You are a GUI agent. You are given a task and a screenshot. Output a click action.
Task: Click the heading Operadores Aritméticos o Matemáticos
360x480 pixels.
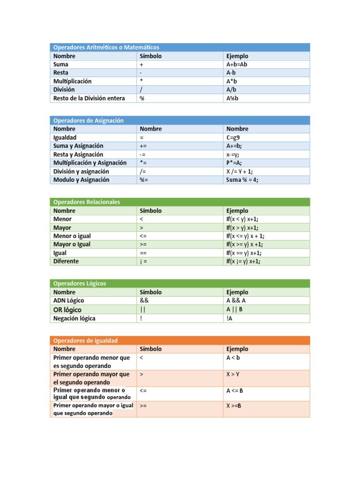(x=106, y=47)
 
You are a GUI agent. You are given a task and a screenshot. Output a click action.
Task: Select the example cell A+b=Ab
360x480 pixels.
(x=236, y=64)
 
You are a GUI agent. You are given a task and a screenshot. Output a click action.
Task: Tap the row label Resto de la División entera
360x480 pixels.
(x=89, y=98)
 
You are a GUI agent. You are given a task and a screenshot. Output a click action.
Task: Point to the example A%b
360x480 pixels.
(x=232, y=98)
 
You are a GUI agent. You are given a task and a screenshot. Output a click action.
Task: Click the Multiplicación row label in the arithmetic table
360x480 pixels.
(x=72, y=81)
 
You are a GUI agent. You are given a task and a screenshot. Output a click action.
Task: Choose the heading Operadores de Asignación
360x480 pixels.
(x=88, y=120)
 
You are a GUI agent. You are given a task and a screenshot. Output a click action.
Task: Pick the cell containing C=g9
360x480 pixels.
(x=233, y=137)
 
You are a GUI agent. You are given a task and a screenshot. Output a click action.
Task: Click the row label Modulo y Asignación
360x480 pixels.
(x=81, y=180)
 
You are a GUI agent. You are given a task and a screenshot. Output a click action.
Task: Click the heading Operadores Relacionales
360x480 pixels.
(x=86, y=202)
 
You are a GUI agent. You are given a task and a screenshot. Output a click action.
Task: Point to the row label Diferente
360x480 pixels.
(x=66, y=261)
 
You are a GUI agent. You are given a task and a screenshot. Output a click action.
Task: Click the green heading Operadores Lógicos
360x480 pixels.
(x=80, y=284)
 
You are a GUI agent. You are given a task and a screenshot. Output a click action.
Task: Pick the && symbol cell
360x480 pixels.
(x=144, y=300)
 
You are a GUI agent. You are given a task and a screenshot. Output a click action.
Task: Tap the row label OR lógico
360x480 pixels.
(x=67, y=310)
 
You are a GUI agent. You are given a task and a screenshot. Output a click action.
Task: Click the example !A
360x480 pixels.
(x=229, y=318)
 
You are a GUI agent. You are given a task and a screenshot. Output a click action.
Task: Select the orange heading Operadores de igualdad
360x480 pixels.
(x=85, y=340)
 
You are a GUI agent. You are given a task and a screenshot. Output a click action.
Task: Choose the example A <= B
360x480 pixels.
(x=234, y=390)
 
